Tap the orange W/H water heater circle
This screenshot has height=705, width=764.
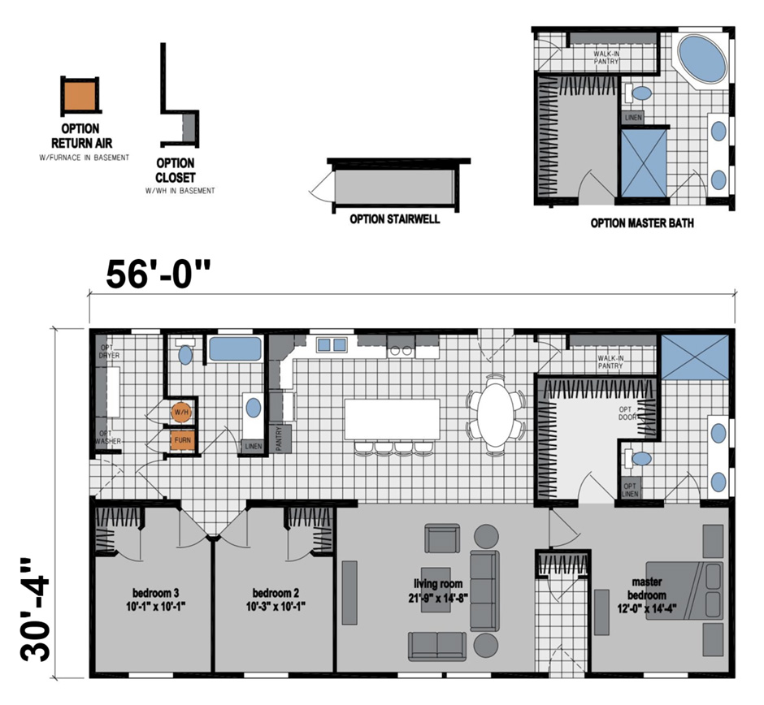181,413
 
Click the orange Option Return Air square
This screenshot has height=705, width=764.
80,95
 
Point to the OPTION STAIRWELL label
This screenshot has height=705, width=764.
394,218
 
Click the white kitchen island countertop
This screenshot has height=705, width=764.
392,418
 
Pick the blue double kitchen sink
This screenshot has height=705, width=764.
331,344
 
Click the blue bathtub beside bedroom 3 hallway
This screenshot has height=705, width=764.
235,349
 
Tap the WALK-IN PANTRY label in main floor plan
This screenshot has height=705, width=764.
610,361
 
